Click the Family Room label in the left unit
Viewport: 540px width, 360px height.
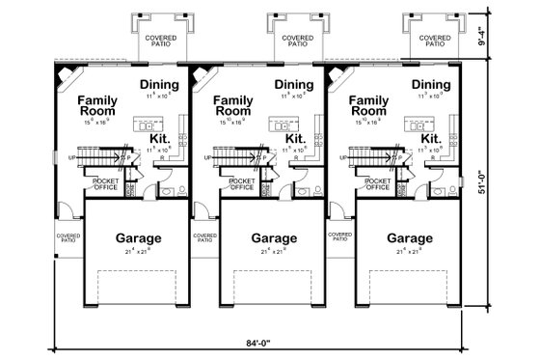click(x=98, y=105)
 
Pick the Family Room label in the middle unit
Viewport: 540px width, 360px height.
click(x=232, y=105)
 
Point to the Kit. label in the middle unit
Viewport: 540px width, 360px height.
click(x=296, y=140)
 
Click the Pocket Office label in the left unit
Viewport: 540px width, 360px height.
click(x=106, y=184)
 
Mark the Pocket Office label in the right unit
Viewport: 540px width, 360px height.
click(x=375, y=184)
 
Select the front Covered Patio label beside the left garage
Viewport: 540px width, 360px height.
click(x=67, y=236)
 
